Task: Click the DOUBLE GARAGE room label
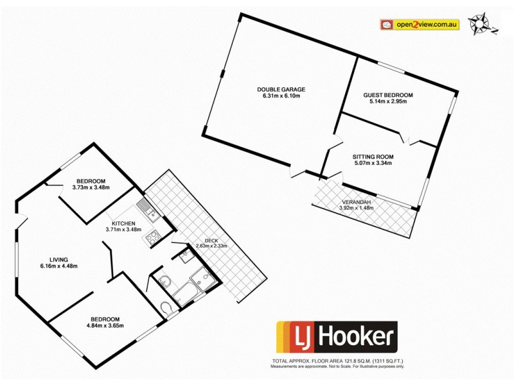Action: [281, 89]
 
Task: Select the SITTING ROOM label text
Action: [373, 157]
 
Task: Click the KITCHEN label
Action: [123, 223]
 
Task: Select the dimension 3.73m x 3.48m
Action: [91, 187]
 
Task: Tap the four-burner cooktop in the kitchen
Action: [154, 238]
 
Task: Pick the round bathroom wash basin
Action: [163, 281]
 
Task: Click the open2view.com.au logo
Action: [420, 25]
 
